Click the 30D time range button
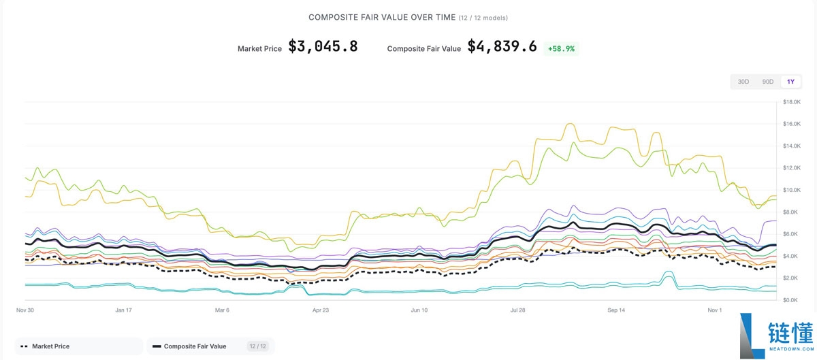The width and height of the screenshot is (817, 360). coord(743,82)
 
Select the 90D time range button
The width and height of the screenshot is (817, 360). coord(767,82)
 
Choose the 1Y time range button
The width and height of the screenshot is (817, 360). coord(790,82)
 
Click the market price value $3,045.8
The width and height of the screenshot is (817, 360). coord(323,47)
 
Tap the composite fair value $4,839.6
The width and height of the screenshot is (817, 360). coord(502,47)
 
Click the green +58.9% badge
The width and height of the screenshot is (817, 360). coord(561,48)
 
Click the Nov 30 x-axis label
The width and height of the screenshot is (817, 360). coord(25,310)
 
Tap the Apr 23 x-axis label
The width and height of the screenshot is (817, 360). coord(321,310)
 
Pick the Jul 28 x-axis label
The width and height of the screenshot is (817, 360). coord(517,310)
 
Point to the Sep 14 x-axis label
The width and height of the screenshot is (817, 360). coord(616,310)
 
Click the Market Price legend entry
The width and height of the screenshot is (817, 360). coord(50,346)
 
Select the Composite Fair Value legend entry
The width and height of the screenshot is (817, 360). coord(195,346)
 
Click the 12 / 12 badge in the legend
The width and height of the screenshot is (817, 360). coord(257,346)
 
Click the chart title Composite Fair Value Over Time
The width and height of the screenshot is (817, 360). coord(381,17)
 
